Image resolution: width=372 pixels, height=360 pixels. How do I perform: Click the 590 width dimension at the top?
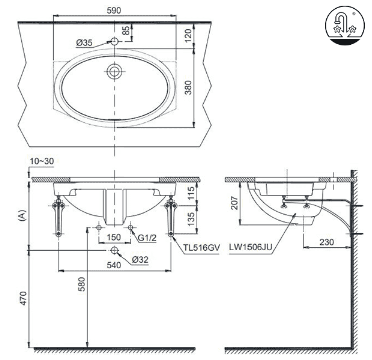click(x=114, y=10)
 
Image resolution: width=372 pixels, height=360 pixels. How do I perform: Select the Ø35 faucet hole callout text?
click(x=84, y=43)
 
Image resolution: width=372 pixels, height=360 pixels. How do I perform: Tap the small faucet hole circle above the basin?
click(x=115, y=41)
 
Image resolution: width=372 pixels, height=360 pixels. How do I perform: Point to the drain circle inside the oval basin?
click(x=115, y=71)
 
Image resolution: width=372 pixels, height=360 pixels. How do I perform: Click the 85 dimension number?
click(x=127, y=31)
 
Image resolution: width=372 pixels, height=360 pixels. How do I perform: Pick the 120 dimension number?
click(x=188, y=36)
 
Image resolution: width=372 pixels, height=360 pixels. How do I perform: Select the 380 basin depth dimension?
click(x=188, y=88)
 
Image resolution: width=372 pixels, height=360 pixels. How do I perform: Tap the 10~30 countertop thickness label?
click(x=42, y=161)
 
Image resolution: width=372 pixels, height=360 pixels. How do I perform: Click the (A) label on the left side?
click(x=22, y=216)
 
